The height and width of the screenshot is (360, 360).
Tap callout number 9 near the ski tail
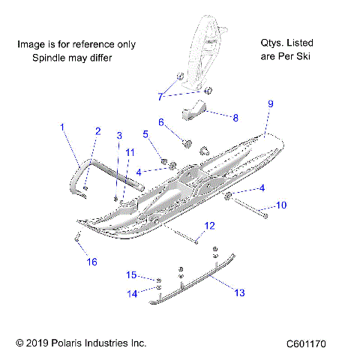point(271,103)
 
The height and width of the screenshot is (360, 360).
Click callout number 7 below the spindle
point(160,96)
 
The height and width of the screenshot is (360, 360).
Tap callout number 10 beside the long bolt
point(280,205)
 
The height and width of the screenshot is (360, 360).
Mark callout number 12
point(209,225)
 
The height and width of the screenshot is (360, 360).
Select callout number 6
point(160,121)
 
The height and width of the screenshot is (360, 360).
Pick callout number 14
point(132,294)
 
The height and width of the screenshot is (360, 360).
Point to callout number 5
point(146,135)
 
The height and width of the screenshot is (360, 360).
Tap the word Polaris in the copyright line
point(70,343)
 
